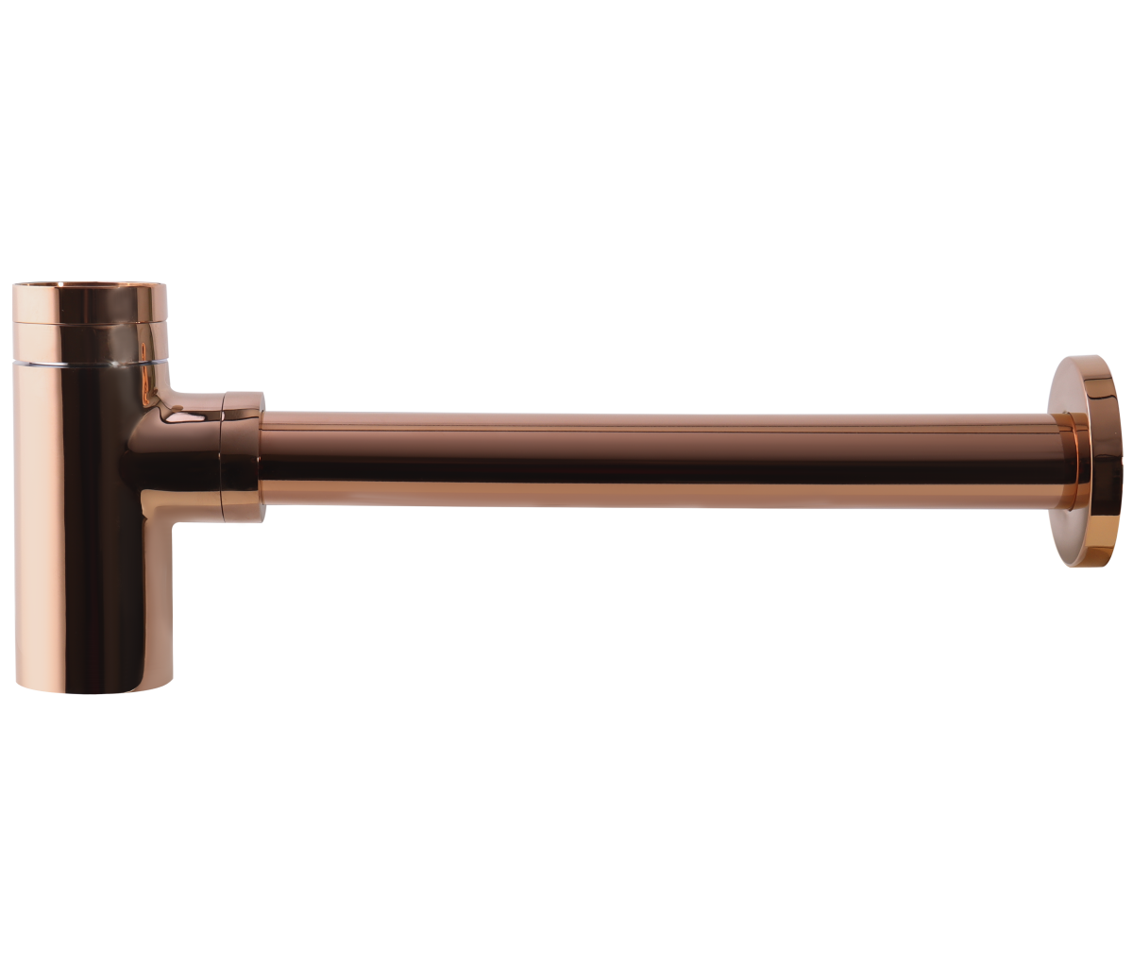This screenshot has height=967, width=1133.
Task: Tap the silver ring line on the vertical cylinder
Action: [x=90, y=361]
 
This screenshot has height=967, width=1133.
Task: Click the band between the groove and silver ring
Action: [x=90, y=342]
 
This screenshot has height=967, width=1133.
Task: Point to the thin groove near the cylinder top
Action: [x=90, y=323]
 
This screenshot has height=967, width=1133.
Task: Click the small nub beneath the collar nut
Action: [x=244, y=521]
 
